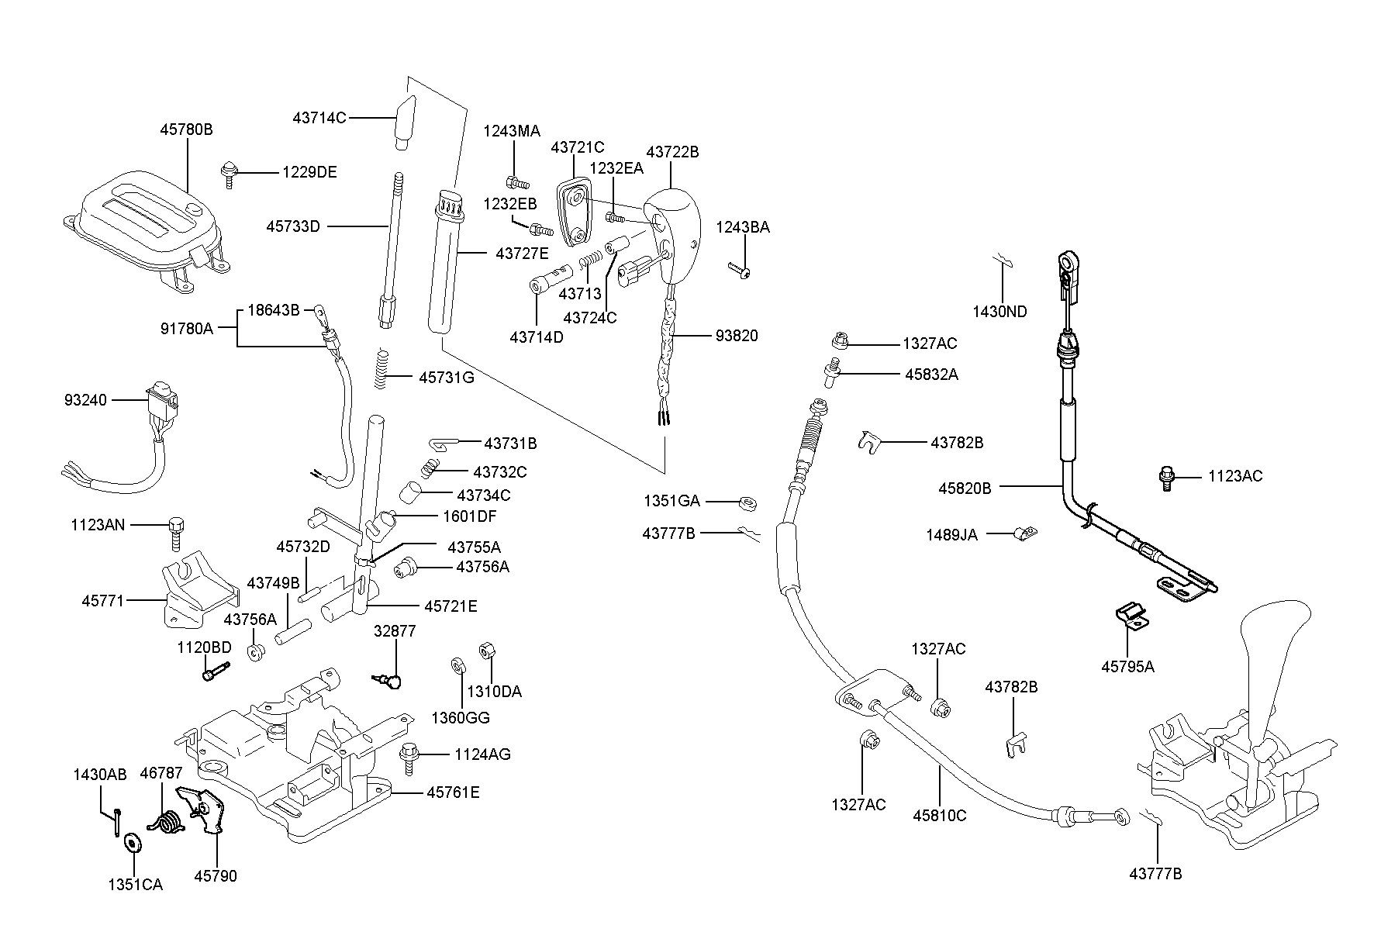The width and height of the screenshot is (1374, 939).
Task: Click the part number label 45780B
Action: click(x=186, y=129)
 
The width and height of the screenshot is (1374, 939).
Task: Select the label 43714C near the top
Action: click(x=319, y=118)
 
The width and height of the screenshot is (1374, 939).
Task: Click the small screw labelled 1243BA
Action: click(x=741, y=270)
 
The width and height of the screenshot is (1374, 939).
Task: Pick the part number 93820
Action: click(x=737, y=336)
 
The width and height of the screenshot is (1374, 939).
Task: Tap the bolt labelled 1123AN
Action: click(x=175, y=533)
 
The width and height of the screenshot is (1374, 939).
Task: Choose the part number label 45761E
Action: click(x=453, y=792)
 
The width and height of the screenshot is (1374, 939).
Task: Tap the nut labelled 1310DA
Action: click(x=488, y=651)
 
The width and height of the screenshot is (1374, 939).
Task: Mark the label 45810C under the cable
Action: click(x=940, y=815)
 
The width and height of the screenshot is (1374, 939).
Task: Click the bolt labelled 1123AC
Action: click(x=1165, y=477)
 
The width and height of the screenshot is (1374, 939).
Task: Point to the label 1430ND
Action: click(x=999, y=312)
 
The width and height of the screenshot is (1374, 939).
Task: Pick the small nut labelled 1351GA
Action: click(x=747, y=503)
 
